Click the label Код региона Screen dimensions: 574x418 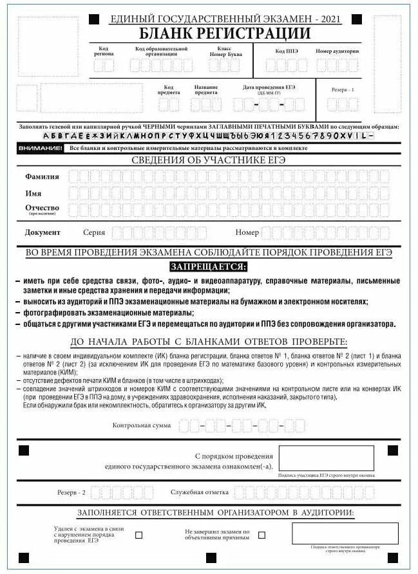coord(106,51)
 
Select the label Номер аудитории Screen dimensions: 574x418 coord(337,51)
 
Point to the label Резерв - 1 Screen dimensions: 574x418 coord(343,90)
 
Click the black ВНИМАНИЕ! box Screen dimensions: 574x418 coord(41,148)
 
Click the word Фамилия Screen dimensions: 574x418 coord(42,176)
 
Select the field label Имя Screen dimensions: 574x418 coord(33,193)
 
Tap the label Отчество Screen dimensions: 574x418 coord(42,208)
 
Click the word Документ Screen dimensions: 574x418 coord(43,232)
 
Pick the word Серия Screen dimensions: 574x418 coord(94,232)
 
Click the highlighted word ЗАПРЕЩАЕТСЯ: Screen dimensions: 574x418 coord(208,266)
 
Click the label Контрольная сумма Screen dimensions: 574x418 coord(142,425)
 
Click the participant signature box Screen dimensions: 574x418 coord(326,458)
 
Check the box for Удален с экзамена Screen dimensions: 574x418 coord(138,535)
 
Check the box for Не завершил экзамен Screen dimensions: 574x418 coord(261,535)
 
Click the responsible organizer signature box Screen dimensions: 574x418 coord(345,533)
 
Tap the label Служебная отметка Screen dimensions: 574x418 coord(199,492)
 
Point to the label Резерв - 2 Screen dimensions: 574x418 coord(71,492)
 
